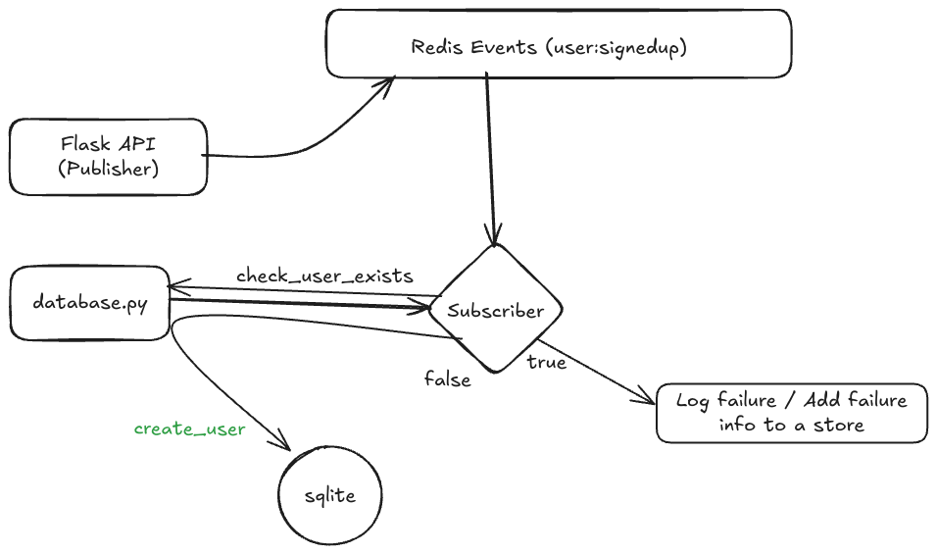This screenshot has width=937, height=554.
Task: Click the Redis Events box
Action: [x=559, y=43]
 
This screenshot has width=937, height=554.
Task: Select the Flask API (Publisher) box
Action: [x=108, y=157]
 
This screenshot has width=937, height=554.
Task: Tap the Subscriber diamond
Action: [x=495, y=310]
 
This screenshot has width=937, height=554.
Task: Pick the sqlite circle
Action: [x=329, y=496]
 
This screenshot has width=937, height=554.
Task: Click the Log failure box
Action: [x=791, y=412]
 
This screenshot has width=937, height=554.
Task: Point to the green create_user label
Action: [x=189, y=428]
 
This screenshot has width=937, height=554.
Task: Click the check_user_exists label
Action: [x=323, y=276]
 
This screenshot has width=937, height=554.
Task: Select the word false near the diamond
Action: [x=447, y=378]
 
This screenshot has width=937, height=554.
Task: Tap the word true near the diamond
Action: [x=547, y=362]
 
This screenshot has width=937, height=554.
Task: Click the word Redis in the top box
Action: [x=434, y=47]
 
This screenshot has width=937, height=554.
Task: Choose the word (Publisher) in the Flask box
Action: [x=108, y=168]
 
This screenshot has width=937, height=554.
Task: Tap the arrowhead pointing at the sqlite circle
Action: [x=287, y=446]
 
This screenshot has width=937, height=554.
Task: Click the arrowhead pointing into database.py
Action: [x=173, y=288]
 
